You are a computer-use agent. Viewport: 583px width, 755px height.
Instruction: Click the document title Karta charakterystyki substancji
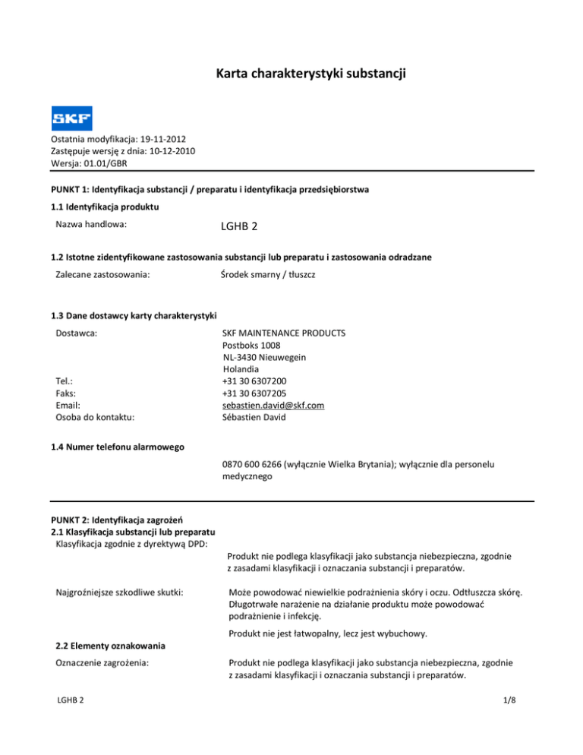point(291,74)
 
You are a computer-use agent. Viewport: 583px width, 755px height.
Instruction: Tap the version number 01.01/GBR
point(109,163)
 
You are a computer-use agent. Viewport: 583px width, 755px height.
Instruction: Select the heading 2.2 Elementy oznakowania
point(113,646)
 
